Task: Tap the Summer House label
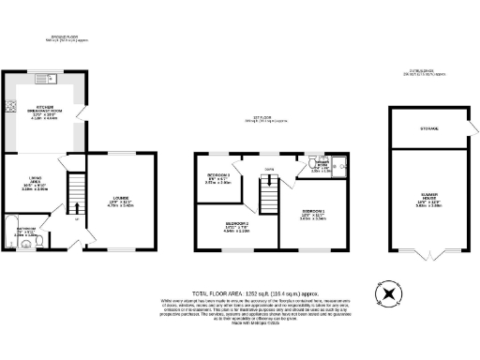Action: (x=429, y=202)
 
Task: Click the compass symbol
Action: (x=387, y=294)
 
